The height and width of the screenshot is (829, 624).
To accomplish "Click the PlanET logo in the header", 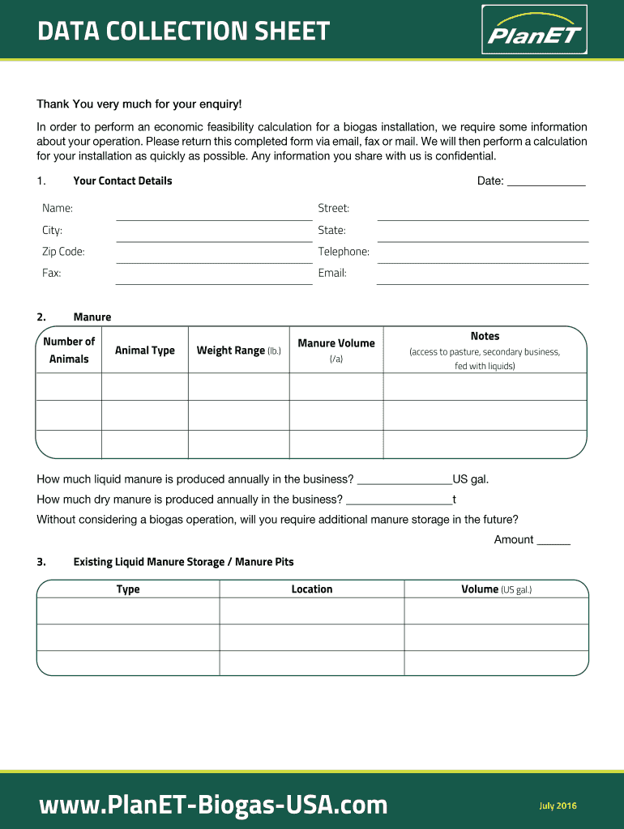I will click(533, 30).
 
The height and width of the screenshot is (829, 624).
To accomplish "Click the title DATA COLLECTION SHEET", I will click(184, 32).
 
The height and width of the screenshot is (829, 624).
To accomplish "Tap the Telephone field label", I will click(344, 252).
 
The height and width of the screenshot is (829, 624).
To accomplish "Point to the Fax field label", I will click(52, 274).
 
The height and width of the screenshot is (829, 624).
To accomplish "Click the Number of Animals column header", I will click(69, 350).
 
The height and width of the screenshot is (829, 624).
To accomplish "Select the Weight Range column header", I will click(238, 351).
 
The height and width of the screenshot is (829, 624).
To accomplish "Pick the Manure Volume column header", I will click(336, 350).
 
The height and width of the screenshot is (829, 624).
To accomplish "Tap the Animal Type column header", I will click(145, 351).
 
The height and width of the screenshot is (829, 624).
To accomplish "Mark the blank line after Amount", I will click(553, 542).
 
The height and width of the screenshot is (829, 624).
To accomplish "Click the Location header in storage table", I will click(312, 589).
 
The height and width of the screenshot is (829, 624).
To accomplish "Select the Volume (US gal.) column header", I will click(496, 589).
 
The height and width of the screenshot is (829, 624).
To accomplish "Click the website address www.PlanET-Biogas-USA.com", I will click(213, 805).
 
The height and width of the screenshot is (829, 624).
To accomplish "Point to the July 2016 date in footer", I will click(558, 806).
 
